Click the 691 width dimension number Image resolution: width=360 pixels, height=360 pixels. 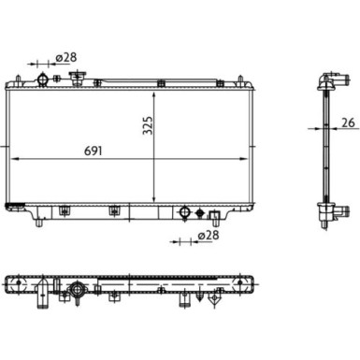94,151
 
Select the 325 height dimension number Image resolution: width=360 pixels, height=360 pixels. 148,125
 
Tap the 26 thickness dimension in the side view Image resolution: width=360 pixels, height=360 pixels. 348,122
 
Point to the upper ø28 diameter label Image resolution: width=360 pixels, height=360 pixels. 66,58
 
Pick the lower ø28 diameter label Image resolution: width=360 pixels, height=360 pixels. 209,235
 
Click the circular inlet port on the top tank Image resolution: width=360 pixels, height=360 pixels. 42,79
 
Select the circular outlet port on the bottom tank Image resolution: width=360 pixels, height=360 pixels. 185,212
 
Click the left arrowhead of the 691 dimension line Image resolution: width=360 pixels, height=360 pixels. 15,159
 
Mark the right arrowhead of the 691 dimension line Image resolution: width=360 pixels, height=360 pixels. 244,159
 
